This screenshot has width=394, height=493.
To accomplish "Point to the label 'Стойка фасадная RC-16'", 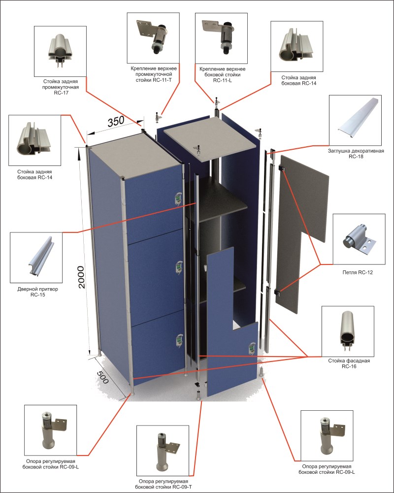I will [x=348, y=363].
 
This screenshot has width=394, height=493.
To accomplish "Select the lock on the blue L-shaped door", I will [x=251, y=347].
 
